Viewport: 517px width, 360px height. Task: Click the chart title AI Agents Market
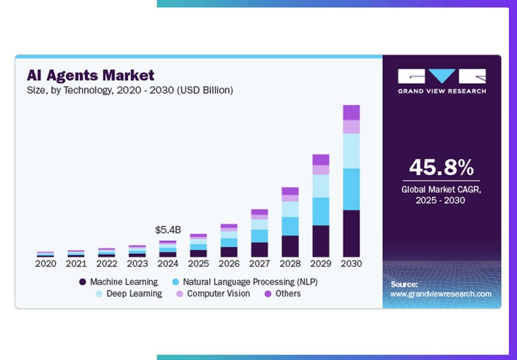tap(90, 75)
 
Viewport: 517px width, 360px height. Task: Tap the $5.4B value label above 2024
tap(167, 229)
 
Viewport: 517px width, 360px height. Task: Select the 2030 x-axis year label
tap(351, 263)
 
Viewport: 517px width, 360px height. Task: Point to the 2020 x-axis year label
tap(46, 263)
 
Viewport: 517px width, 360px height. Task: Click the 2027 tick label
tap(259, 263)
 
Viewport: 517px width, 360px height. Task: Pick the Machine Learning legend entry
tap(118, 282)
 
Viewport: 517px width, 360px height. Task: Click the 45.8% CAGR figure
tap(442, 168)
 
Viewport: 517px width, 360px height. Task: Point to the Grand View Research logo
tap(442, 81)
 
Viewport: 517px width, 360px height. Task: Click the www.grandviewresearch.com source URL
tap(441, 294)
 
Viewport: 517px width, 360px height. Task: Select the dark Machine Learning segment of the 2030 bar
tap(351, 233)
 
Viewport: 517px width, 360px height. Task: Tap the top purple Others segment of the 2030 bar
tap(351, 112)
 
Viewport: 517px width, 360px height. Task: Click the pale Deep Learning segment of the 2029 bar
tap(320, 186)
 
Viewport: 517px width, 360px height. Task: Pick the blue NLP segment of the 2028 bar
tap(290, 226)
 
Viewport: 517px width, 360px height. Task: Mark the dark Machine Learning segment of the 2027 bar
tap(259, 250)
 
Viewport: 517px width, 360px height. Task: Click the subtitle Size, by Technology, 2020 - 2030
tap(129, 89)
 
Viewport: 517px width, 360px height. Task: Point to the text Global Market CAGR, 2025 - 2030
tap(442, 194)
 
